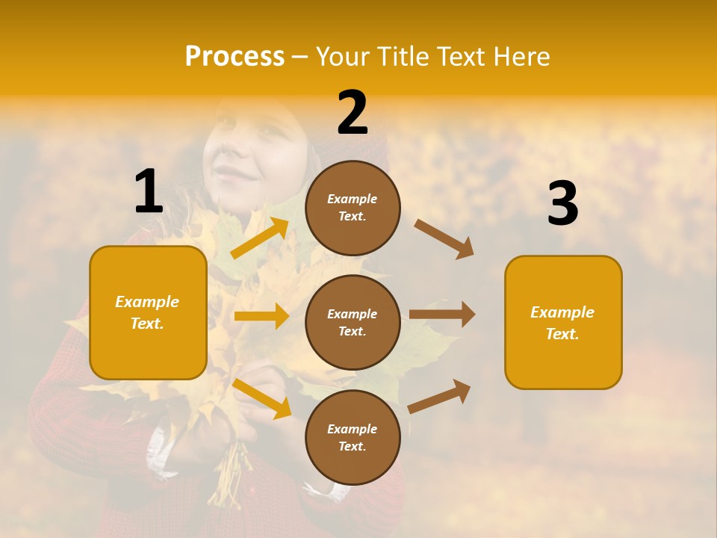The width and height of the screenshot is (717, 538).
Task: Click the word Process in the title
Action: (x=235, y=57)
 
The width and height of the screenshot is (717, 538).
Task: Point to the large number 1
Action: (x=149, y=191)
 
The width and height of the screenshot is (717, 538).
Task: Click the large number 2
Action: (x=353, y=113)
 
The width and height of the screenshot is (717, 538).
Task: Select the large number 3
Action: (x=562, y=203)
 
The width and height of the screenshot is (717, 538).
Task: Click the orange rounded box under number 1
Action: (x=148, y=312)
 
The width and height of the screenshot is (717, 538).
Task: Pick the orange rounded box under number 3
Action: (x=563, y=322)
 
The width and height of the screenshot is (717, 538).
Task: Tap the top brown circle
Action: (x=353, y=208)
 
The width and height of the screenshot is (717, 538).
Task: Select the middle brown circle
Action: (x=353, y=322)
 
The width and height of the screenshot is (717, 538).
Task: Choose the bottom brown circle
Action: (x=353, y=437)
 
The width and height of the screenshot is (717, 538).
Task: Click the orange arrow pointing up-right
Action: (x=260, y=238)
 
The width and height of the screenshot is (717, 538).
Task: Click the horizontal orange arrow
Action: (x=261, y=316)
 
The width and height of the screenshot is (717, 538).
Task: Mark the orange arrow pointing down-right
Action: (x=262, y=398)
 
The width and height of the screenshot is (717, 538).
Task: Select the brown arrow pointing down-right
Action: (x=444, y=238)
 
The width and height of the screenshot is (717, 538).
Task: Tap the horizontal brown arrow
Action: (x=442, y=314)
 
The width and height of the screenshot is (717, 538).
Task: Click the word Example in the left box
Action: (x=147, y=302)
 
